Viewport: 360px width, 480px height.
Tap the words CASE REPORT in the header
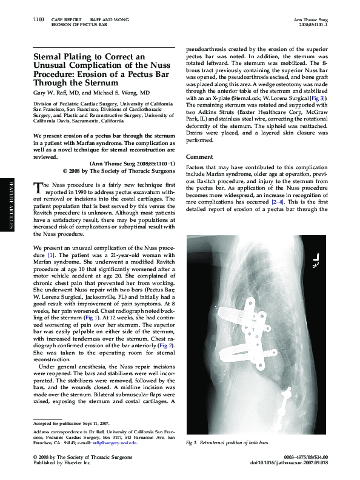[66, 20]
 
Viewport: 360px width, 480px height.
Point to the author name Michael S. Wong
[119, 93]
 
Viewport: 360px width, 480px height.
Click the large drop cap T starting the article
[37, 187]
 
